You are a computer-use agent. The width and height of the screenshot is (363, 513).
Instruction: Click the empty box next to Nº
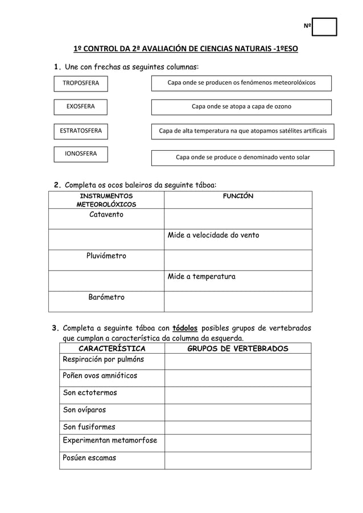(324, 27)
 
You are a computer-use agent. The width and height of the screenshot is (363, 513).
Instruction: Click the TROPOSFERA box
(80, 84)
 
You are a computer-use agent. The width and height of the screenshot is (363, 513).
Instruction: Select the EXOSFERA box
(80, 107)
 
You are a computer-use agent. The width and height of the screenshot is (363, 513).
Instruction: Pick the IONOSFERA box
(80, 154)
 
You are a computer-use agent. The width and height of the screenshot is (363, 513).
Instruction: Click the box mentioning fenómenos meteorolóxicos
(241, 84)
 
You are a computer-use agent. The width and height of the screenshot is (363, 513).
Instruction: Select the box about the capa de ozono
(241, 107)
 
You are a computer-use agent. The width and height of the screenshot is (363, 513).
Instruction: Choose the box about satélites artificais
(242, 131)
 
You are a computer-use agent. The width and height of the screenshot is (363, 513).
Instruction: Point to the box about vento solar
(242, 158)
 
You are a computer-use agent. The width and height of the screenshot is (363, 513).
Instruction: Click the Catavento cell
(106, 215)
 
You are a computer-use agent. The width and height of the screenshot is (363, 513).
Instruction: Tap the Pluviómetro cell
(106, 256)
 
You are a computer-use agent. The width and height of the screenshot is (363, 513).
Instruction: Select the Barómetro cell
(106, 297)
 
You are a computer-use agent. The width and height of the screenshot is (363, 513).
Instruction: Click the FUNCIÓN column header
(238, 196)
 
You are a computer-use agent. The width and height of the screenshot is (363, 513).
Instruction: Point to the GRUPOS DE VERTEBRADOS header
(238, 349)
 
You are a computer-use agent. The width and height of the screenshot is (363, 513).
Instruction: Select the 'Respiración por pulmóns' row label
(104, 360)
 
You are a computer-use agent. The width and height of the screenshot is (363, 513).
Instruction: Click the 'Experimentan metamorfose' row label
(110, 441)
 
